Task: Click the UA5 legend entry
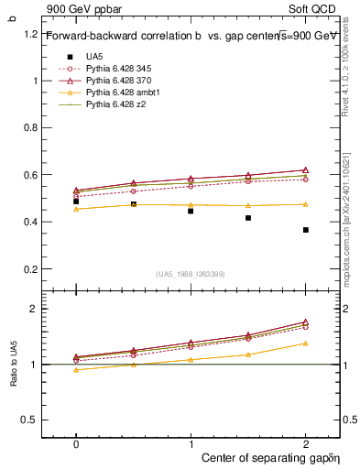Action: point(93,56)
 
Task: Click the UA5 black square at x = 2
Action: point(305,230)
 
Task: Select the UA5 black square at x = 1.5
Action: point(248,218)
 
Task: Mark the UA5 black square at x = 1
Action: point(191,211)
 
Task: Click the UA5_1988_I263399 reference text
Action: point(191,274)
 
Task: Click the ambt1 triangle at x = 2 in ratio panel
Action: point(305,344)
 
